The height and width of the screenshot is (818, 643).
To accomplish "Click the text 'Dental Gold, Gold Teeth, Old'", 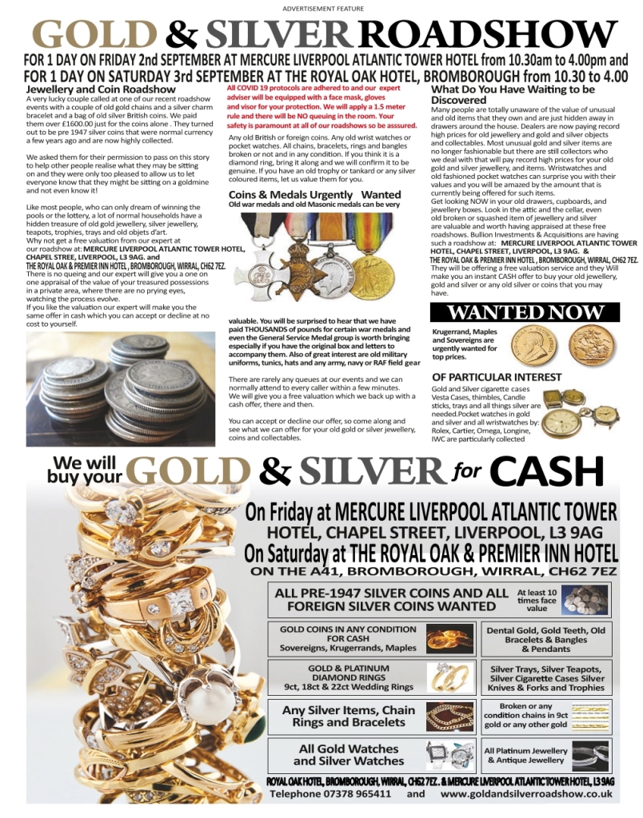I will click(x=546, y=630).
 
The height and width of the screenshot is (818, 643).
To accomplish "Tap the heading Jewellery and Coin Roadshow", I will click(x=101, y=89).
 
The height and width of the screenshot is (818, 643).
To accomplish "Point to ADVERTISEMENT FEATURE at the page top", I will click(x=323, y=8).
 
